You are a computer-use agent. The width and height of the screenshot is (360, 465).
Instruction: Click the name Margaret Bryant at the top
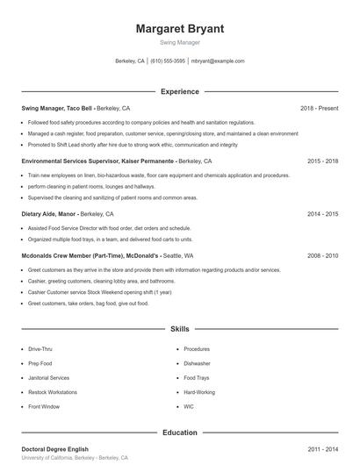pyautogui.click(x=180, y=29)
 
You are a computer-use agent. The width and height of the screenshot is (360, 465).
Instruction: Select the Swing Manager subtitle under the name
pyautogui.click(x=180, y=42)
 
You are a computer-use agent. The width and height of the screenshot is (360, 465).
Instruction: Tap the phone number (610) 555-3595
pyautogui.click(x=168, y=61)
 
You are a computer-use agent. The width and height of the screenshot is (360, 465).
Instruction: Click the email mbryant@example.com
pyautogui.click(x=218, y=61)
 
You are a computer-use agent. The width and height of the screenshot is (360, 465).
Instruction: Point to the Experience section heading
pyautogui.click(x=180, y=91)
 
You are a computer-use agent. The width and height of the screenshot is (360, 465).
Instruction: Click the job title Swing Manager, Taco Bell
pyautogui.click(x=57, y=108)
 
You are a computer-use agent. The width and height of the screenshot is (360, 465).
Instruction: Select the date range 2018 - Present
pyautogui.click(x=319, y=108)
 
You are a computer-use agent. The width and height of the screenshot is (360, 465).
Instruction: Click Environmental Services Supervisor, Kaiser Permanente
pyautogui.click(x=97, y=161)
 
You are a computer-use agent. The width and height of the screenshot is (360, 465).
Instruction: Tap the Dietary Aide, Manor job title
pyautogui.click(x=49, y=213)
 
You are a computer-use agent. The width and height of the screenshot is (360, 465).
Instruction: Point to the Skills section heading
pyautogui.click(x=180, y=329)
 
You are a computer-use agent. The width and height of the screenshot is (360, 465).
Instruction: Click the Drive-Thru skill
pyautogui.click(x=40, y=349)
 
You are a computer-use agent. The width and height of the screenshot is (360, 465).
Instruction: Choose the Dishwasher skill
pyautogui.click(x=197, y=363)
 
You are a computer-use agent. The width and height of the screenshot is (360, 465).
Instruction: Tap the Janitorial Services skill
pyautogui.click(x=48, y=378)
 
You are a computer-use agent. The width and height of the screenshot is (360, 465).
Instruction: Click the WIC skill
pyautogui.click(x=189, y=407)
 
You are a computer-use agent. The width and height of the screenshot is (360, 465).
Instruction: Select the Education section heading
pyautogui.click(x=180, y=433)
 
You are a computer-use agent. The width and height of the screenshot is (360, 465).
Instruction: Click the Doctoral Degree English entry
pyautogui.click(x=55, y=449)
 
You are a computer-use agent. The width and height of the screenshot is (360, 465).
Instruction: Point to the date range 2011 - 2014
pyautogui.click(x=323, y=449)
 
